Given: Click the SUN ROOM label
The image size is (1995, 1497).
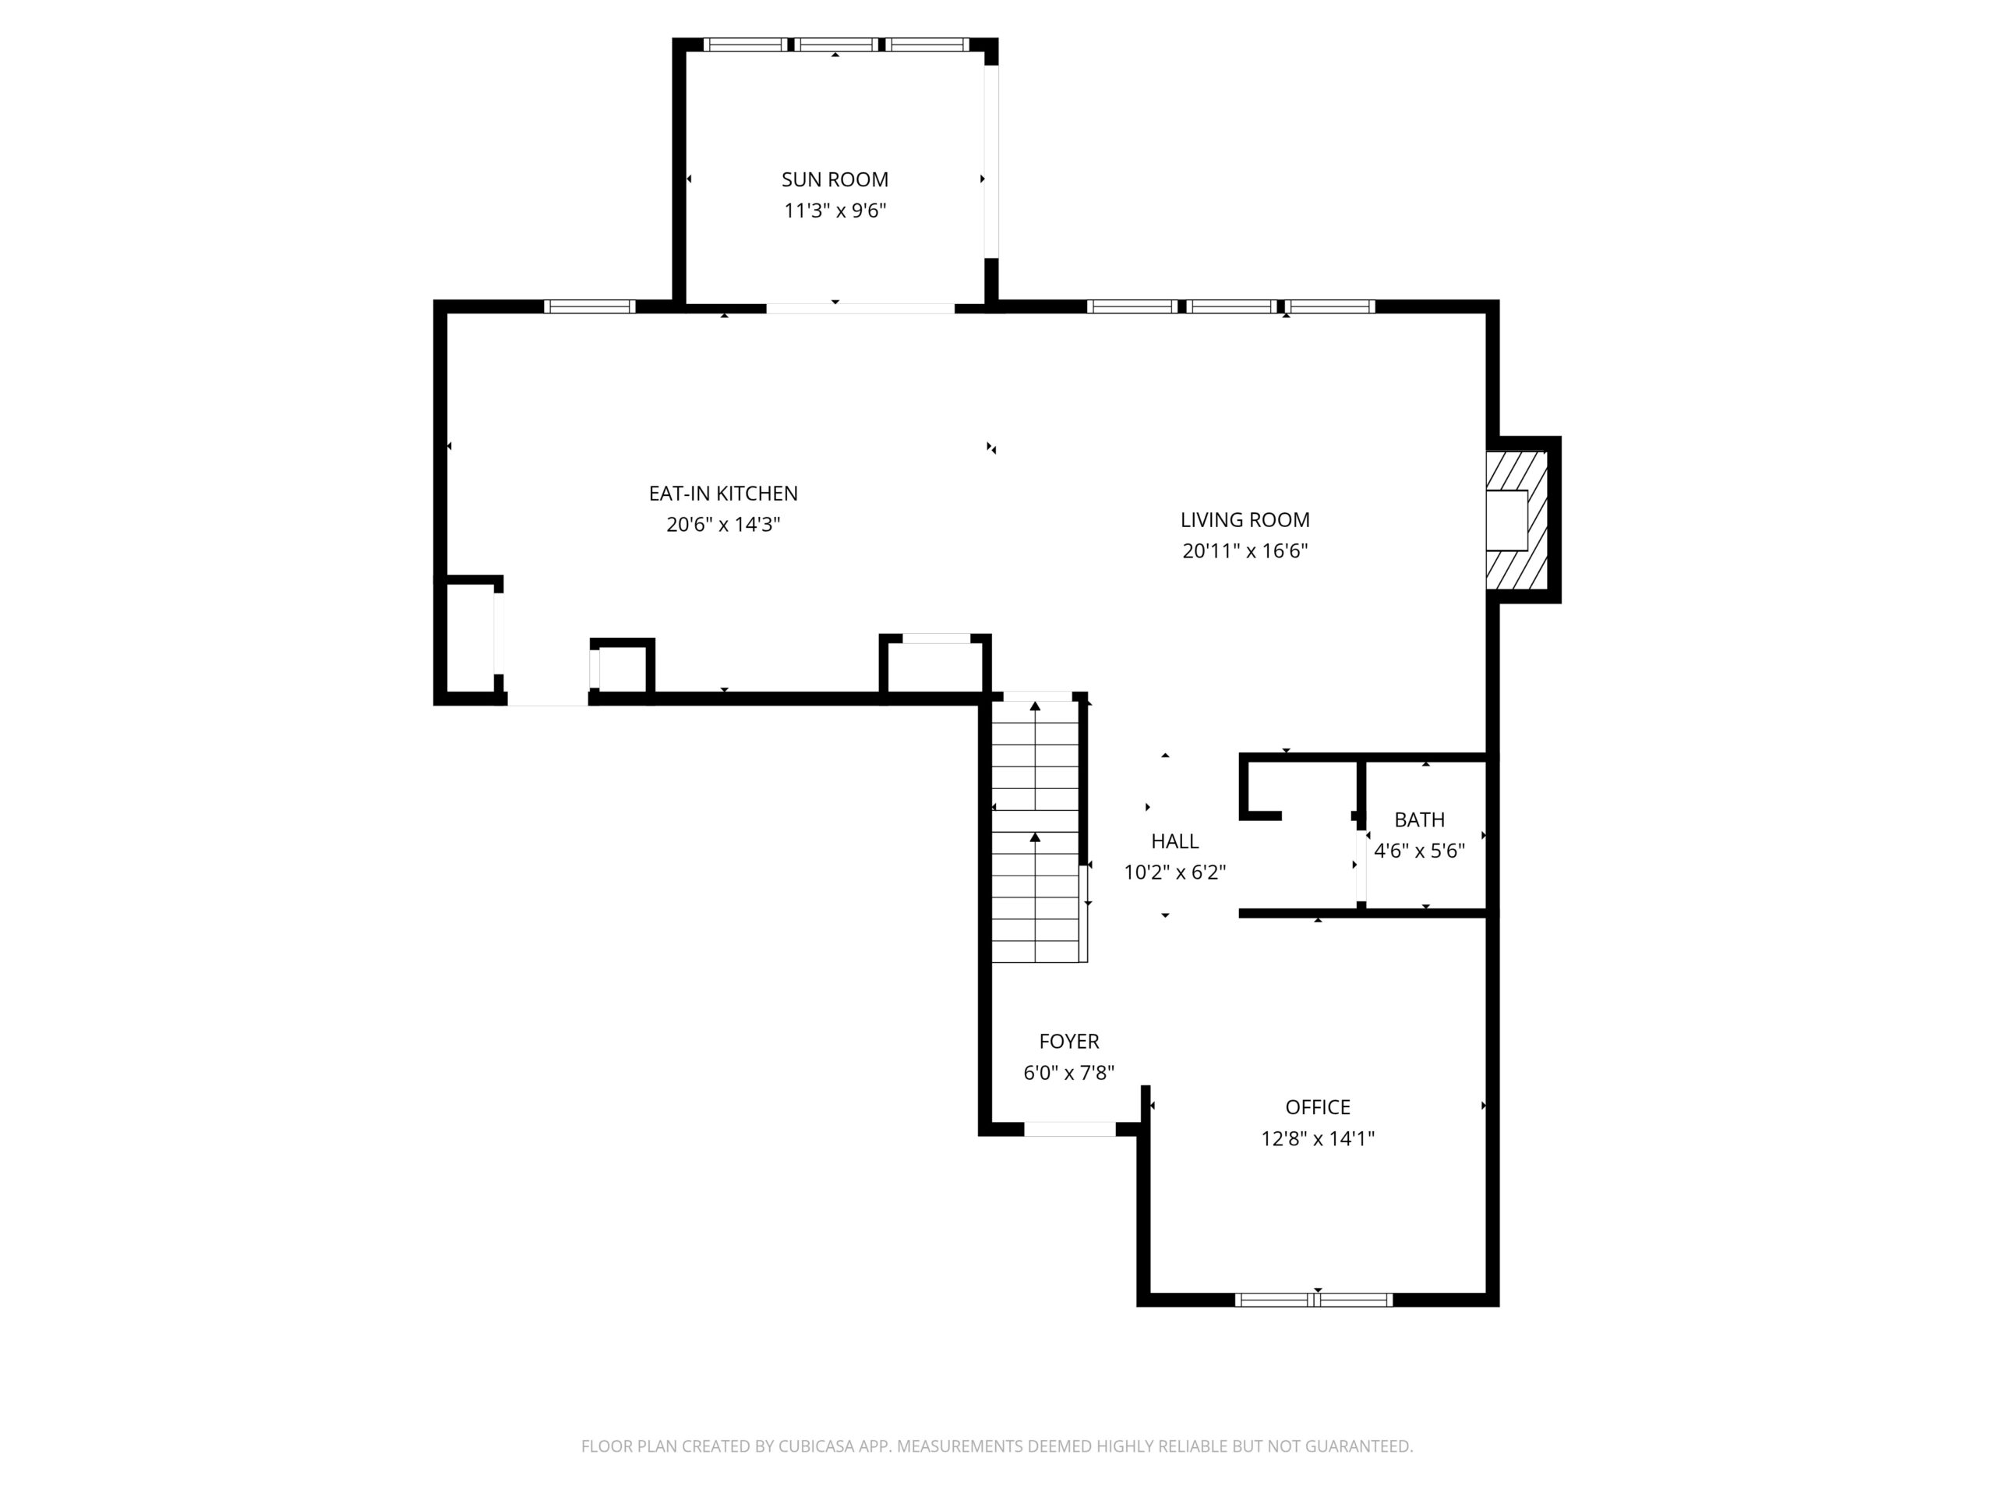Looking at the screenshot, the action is [x=835, y=179].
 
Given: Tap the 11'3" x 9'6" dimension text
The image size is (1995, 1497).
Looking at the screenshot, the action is [x=835, y=211].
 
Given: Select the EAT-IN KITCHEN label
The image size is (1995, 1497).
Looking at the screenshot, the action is [x=723, y=494].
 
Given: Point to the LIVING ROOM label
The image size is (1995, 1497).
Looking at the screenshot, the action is [x=1245, y=520].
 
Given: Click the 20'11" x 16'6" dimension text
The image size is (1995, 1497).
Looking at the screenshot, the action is [x=1245, y=551].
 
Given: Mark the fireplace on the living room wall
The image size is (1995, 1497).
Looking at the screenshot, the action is [x=1517, y=520].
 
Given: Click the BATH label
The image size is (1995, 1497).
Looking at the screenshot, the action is [x=1420, y=819].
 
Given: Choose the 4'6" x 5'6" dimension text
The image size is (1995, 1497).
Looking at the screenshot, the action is [x=1420, y=851].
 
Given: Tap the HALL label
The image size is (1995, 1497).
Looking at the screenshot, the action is [x=1174, y=841].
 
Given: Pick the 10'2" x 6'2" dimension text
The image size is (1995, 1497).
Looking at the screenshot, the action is [x=1174, y=872].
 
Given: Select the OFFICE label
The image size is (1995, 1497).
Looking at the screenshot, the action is [x=1318, y=1107].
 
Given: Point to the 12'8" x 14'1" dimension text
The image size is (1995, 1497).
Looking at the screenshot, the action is [x=1318, y=1139].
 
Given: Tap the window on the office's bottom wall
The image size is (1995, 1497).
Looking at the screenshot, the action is [x=1313, y=1300].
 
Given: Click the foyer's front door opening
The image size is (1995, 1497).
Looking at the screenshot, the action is [x=1070, y=1129].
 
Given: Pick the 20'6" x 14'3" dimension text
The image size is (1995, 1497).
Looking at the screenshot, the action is [x=723, y=526].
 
